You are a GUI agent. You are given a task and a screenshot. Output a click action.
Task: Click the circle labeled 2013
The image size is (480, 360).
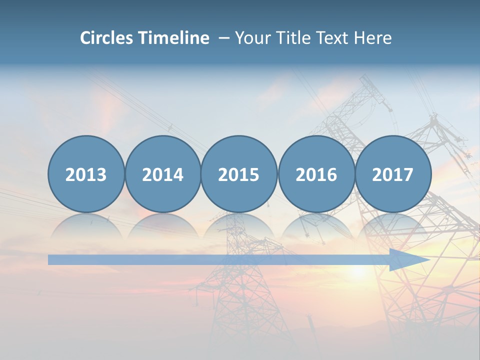pos(86,174)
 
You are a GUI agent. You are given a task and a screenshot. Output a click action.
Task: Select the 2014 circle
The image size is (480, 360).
pos(162,174)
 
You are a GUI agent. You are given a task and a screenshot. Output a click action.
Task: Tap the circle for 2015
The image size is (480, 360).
pos(239,174)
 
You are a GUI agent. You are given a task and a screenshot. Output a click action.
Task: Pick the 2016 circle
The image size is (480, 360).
pos(316,174)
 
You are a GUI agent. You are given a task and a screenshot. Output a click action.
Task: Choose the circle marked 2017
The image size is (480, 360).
pos(392,174)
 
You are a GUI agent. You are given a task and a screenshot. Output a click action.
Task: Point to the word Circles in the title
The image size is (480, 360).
pos(107,38)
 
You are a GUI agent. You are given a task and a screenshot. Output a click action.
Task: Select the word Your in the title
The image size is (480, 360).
pos(250,38)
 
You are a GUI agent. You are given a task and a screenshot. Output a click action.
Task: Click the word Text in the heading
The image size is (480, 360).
pos(333,38)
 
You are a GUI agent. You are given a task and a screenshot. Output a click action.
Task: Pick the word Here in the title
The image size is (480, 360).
pos(372,38)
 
